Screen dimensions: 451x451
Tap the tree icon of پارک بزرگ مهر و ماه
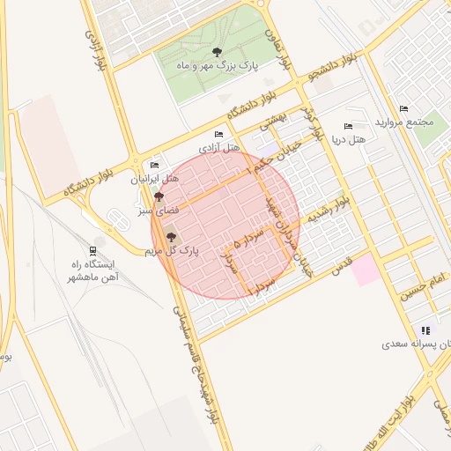point(218,52)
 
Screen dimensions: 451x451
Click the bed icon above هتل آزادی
point(218,134)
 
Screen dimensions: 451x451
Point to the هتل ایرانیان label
point(155,179)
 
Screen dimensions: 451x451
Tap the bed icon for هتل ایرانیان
point(155,165)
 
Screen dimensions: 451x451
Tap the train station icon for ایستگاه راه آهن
point(93,250)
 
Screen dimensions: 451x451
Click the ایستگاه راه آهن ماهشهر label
point(93,270)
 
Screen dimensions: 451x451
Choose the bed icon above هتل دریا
point(347,126)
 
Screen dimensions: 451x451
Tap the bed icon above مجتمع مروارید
point(403,108)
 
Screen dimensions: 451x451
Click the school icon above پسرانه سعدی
point(426,329)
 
